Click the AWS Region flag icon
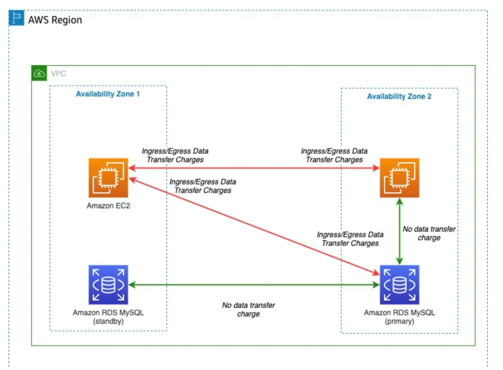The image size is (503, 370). (x=17, y=19)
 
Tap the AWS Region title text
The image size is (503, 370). (x=55, y=20)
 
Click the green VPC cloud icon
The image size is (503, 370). (x=39, y=74)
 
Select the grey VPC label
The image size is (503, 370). (x=58, y=74)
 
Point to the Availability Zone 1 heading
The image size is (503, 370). (x=108, y=94)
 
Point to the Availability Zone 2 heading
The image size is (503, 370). (x=399, y=96)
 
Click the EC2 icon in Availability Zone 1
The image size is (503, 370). (x=108, y=177)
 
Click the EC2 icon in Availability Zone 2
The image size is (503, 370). (x=399, y=177)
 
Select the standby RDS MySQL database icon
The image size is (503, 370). (x=108, y=284)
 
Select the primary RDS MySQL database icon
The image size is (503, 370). (x=399, y=284)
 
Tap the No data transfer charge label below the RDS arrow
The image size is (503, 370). (x=248, y=309)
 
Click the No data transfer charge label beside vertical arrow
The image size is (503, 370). (x=429, y=233)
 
